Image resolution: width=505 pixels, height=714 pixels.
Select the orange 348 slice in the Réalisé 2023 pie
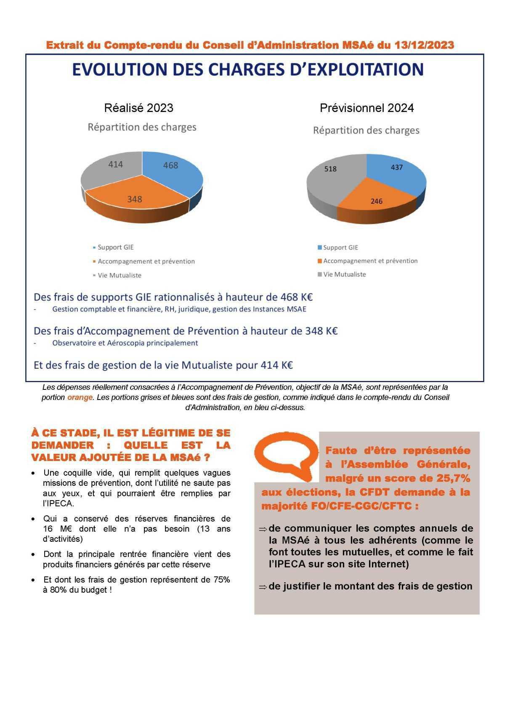135,198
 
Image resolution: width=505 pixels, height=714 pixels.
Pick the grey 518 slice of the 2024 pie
330,177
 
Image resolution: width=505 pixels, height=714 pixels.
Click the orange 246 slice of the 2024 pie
375,198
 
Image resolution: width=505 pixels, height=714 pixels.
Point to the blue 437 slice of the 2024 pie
396,171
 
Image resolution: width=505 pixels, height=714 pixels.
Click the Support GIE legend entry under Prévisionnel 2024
340,248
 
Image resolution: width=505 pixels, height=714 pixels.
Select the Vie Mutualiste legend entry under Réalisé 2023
120,275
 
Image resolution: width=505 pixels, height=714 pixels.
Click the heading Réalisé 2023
138,108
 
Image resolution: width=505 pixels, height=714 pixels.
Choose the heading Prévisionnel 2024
367,108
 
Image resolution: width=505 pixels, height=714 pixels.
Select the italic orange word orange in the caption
80,397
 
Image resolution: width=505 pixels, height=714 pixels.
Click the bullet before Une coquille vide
33,474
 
